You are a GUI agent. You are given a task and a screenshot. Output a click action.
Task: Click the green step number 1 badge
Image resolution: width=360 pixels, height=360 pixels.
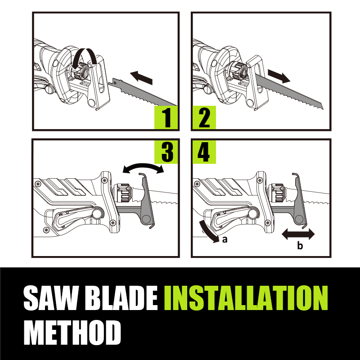click(x=166, y=117)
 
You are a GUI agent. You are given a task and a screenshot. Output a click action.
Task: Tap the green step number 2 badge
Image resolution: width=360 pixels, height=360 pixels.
click(x=204, y=117)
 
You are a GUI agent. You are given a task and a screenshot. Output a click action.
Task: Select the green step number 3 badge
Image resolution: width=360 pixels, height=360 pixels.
click(x=166, y=152)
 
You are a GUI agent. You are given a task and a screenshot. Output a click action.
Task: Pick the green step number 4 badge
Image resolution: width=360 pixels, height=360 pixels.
click(x=204, y=152)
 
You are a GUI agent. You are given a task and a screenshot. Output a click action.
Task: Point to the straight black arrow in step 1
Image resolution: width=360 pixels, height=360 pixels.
click(x=141, y=78)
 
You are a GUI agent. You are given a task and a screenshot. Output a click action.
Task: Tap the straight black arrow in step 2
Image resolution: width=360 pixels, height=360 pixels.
click(x=279, y=76)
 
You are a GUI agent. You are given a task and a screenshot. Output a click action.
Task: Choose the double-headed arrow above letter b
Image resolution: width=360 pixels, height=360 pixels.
click(x=298, y=234)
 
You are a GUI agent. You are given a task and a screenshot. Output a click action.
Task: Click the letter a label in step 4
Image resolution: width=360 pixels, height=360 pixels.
click(x=225, y=239)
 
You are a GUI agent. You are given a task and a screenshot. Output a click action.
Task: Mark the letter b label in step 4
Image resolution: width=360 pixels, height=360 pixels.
click(x=300, y=245)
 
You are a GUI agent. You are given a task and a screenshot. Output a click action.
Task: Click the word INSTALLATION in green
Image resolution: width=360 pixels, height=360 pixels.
click(x=246, y=298)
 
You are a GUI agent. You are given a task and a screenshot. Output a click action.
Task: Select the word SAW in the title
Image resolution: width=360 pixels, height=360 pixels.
click(x=50, y=298)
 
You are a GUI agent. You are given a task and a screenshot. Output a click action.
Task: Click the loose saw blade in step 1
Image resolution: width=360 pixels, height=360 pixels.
click(x=142, y=93)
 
